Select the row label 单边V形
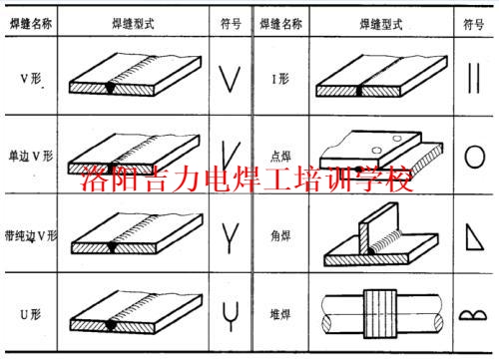point(29,158)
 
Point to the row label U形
point(29,311)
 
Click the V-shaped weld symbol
point(230,78)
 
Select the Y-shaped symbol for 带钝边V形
point(230,235)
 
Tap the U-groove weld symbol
point(230,311)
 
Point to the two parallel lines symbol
point(475,78)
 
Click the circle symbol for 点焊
point(476,158)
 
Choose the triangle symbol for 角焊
point(476,235)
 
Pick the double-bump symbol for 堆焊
point(475,315)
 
